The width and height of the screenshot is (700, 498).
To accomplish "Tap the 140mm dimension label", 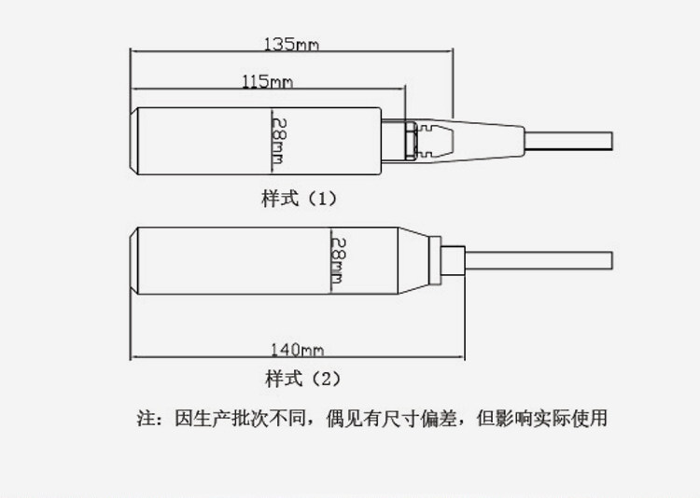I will pos(296,351).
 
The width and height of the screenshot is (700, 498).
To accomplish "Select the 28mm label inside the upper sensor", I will pos(276,139).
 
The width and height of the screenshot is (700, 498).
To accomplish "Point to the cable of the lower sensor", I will pos(541,258).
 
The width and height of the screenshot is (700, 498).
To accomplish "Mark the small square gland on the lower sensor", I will pos(452,258).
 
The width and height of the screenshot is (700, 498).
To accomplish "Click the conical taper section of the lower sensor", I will pos(415,258).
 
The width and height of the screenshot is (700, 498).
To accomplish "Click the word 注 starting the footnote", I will pos(144,418).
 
